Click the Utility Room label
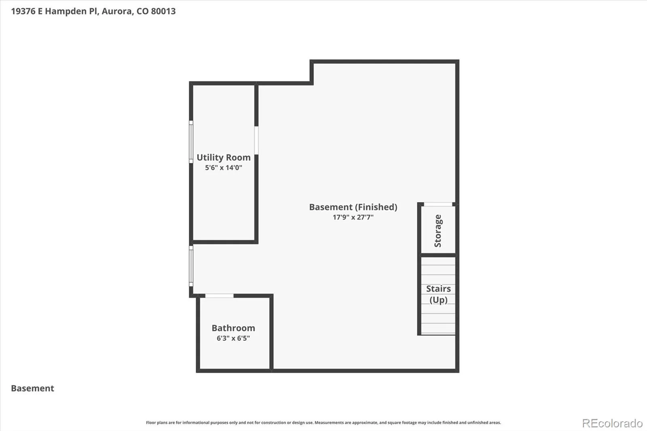click(224, 158)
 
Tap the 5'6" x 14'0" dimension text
click(224, 167)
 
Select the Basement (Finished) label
click(353, 207)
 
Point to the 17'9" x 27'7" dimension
click(353, 217)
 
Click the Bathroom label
click(233, 328)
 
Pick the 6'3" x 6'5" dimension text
click(233, 338)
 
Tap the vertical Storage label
click(438, 231)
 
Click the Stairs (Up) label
click(438, 294)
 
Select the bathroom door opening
click(219, 296)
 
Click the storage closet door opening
click(438, 204)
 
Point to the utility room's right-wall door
click(256, 140)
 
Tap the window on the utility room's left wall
click(191, 142)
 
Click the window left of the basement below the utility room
click(191, 266)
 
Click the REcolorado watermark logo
click(612, 423)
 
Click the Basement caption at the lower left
click(32, 388)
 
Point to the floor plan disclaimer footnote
click(323, 423)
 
